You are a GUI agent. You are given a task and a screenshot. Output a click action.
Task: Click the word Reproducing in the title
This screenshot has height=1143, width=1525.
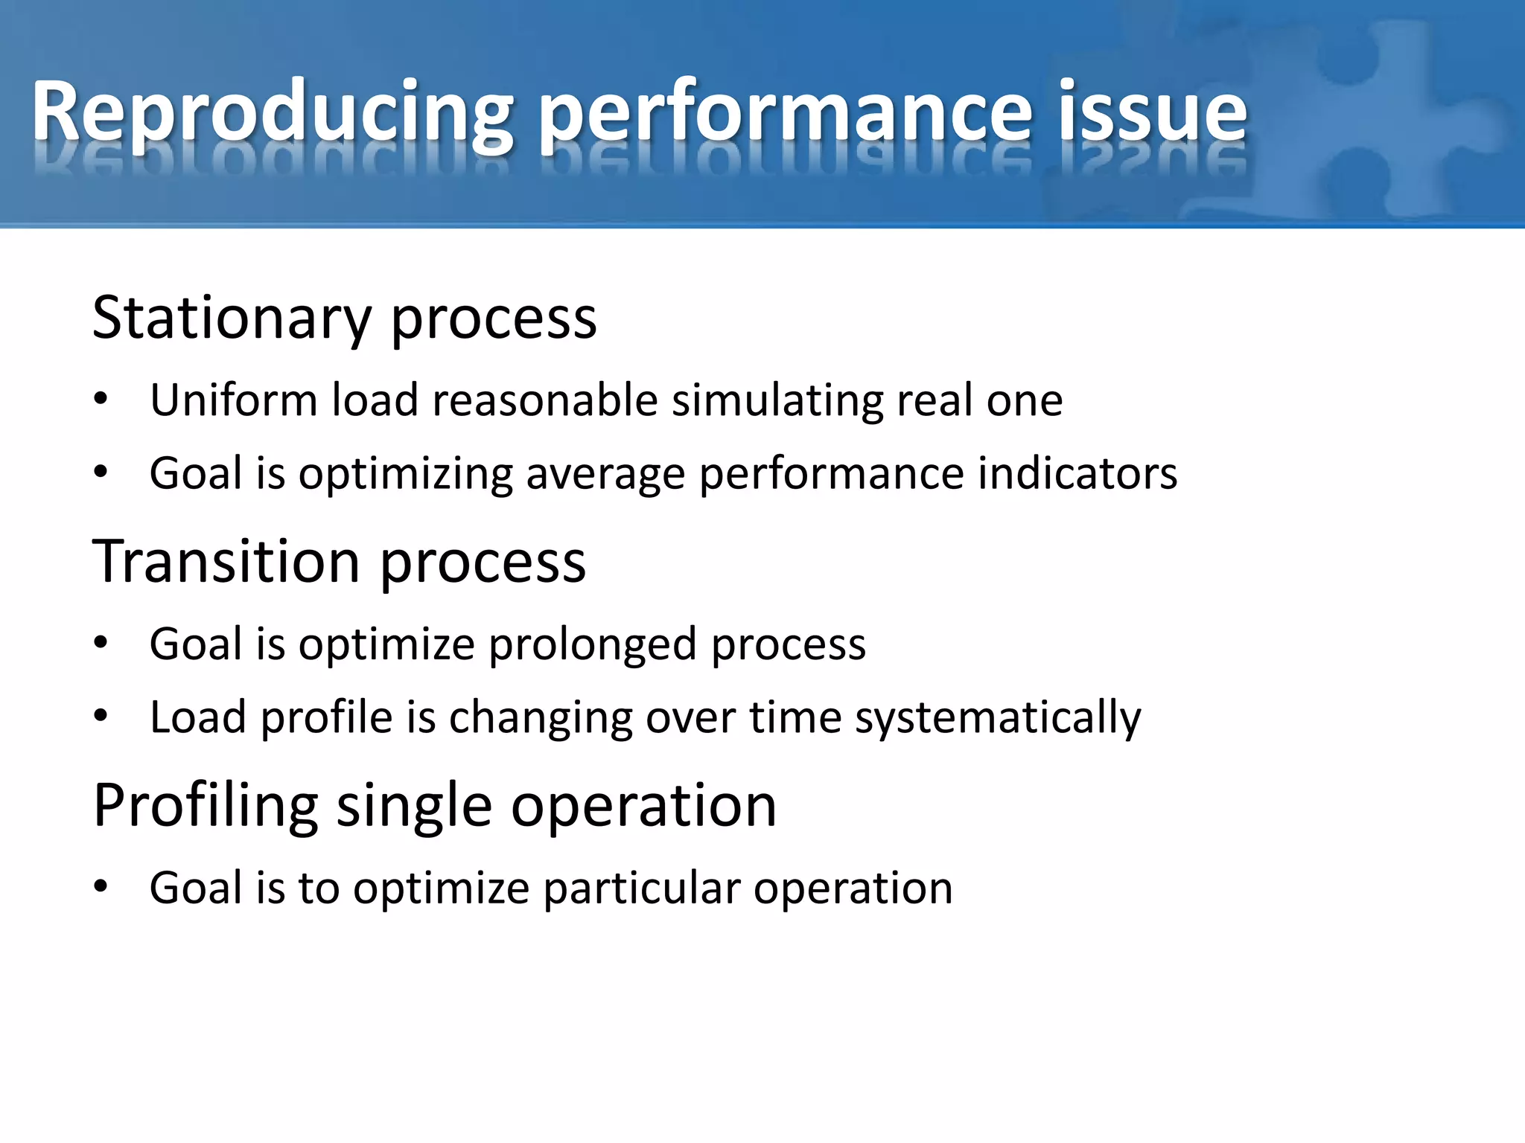pos(272,113)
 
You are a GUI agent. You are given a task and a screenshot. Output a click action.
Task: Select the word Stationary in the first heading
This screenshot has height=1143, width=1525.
pos(232,318)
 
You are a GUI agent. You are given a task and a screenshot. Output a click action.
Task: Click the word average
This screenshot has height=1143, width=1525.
pos(605,475)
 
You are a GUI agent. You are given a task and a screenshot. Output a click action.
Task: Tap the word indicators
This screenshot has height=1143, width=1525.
pos(1077,473)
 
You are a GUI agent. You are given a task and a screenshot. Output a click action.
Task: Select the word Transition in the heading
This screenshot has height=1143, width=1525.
pos(226,561)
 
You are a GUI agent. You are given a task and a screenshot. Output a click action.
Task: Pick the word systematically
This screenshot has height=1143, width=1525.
pos(998,719)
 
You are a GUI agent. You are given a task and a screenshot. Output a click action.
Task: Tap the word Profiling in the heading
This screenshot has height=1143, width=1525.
pos(206,807)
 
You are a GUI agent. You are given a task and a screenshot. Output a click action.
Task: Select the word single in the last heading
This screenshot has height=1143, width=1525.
pos(414,807)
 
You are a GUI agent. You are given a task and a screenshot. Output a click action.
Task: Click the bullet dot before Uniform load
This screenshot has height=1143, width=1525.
pos(101,400)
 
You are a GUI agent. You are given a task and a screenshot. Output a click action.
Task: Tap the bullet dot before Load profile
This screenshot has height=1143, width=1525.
pos(101,717)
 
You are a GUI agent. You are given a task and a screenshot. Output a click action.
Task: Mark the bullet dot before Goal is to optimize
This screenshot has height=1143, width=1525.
pos(101,887)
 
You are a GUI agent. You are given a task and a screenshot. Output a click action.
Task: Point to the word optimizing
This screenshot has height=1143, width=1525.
pos(406,475)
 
